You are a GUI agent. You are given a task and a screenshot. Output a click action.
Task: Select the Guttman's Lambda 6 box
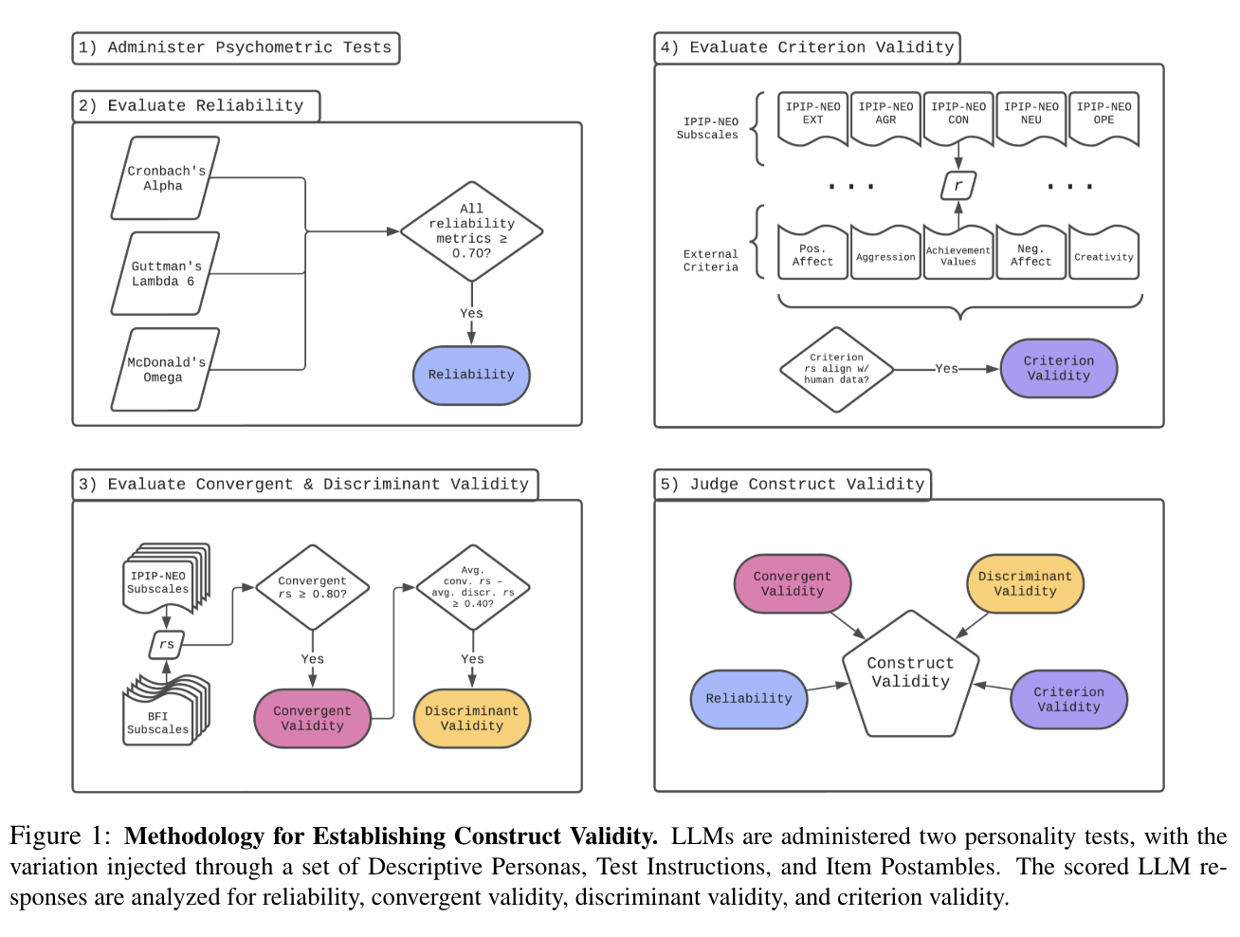165,274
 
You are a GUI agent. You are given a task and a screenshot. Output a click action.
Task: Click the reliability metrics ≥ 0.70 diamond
471,231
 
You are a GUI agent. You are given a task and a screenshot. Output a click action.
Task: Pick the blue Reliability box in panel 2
471,375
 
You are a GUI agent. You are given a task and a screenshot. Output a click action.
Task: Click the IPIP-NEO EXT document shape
812,118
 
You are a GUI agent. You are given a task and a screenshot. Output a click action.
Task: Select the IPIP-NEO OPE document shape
1103,118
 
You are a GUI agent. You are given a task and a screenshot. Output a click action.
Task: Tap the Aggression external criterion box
885,254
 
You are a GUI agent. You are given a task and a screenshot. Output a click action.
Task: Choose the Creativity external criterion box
1103,254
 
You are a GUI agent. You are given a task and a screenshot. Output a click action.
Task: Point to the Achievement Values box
958,254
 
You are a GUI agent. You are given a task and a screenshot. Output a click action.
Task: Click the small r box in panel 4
958,186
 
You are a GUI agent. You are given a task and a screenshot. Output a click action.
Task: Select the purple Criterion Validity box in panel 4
1059,368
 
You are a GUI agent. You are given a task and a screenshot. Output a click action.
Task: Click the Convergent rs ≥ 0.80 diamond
312,588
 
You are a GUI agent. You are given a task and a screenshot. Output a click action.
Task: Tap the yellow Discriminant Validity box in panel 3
471,718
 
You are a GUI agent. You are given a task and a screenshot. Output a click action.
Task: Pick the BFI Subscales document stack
161,716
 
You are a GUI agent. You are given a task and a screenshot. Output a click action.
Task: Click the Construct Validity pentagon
910,675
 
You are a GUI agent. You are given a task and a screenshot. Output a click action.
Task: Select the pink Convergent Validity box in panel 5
793,583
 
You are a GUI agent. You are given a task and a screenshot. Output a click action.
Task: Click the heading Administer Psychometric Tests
235,47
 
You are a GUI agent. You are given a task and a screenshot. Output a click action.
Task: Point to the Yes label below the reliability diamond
471,314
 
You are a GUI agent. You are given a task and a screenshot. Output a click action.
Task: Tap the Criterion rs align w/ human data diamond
836,369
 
